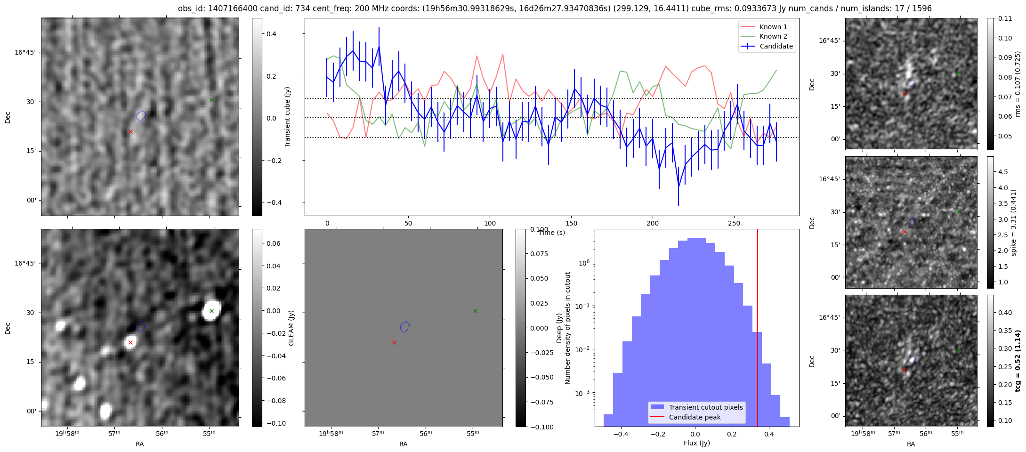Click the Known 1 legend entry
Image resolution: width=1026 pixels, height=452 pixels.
click(x=773, y=27)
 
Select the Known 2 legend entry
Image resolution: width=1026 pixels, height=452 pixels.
click(x=773, y=36)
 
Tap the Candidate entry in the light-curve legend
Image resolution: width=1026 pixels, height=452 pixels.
click(x=776, y=46)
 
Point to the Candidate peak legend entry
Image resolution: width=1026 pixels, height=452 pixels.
click(x=695, y=417)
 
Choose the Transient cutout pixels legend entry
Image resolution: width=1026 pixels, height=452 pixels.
click(x=705, y=407)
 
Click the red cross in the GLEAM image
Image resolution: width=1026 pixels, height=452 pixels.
click(x=130, y=342)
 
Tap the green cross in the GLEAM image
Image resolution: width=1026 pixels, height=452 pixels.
click(x=211, y=311)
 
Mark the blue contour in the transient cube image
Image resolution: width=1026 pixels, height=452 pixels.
click(x=141, y=115)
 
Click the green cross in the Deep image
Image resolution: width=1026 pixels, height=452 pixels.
click(x=475, y=311)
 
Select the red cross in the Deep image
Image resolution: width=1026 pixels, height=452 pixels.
click(x=394, y=342)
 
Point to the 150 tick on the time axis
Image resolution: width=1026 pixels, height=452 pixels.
click(x=571, y=223)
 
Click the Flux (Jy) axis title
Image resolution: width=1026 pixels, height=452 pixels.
click(x=696, y=443)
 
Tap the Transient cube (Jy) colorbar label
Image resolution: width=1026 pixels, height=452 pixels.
click(x=287, y=117)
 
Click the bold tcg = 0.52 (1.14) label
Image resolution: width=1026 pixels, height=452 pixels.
click(x=1018, y=361)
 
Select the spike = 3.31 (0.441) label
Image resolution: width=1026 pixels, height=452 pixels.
click(x=1013, y=222)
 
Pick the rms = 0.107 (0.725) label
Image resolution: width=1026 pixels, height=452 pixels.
click(x=1018, y=84)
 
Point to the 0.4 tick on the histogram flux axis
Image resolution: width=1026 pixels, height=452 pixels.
click(x=769, y=434)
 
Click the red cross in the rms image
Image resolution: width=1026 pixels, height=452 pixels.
click(x=905, y=93)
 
